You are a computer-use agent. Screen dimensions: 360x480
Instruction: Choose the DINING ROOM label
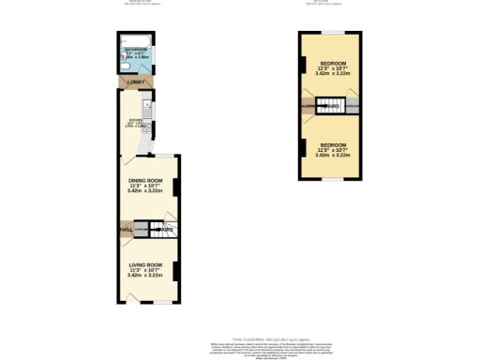145,180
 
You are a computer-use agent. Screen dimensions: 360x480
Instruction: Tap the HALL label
125,229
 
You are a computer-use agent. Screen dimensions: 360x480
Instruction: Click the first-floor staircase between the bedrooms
328,107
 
